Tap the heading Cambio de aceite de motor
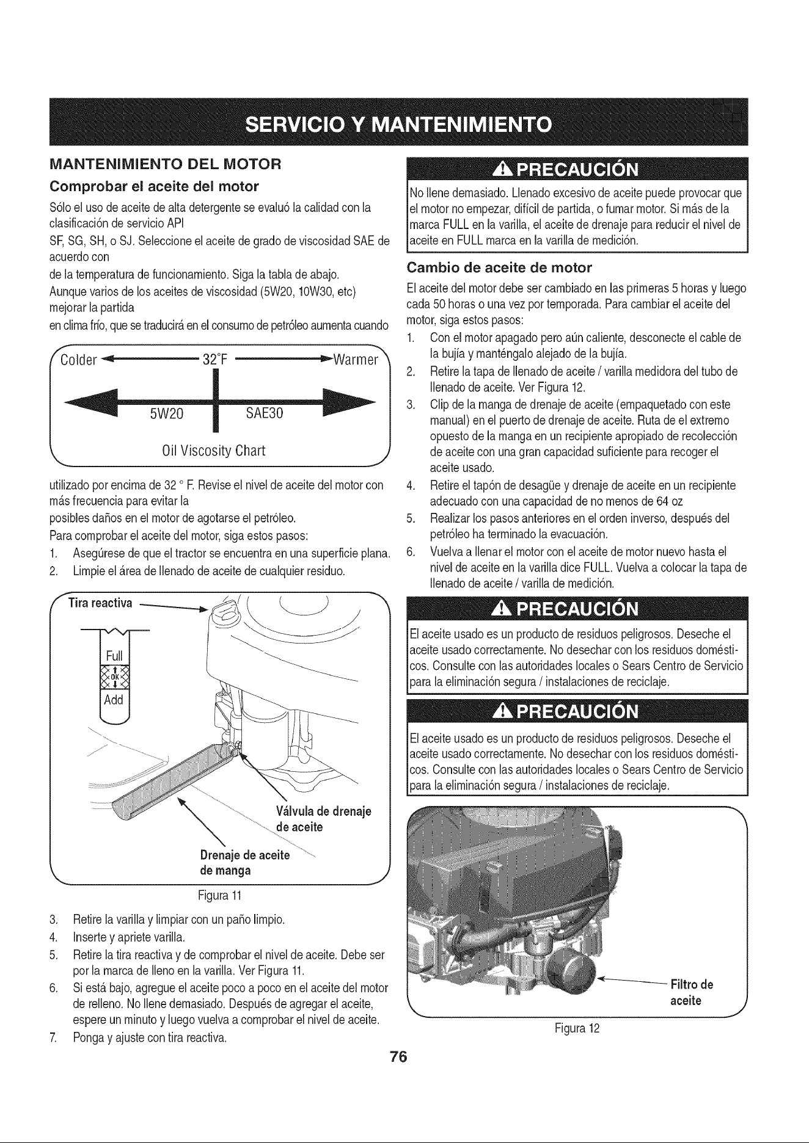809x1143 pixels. tap(499, 267)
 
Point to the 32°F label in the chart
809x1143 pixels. tap(214, 358)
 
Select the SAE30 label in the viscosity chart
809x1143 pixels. tap(265, 413)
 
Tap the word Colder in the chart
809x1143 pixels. tap(79, 359)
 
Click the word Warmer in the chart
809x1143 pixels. tap(356, 358)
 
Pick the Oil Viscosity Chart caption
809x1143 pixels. tap(213, 451)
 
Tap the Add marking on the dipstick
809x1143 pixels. tap(114, 699)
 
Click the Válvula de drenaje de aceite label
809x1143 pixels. tap(324, 819)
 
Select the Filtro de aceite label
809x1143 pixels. tap(692, 993)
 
